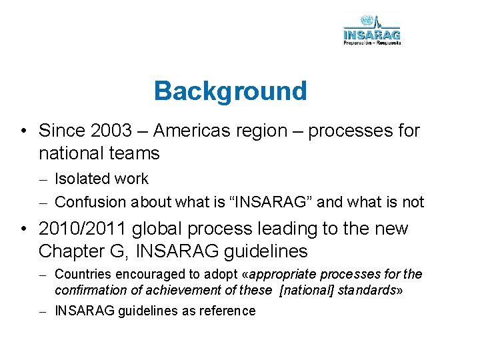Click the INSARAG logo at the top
tap(372, 30)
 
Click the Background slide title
tap(230, 91)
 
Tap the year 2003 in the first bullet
tap(108, 130)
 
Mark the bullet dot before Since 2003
tap(24, 131)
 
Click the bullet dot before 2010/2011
tap(24, 229)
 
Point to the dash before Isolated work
tap(42, 179)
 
